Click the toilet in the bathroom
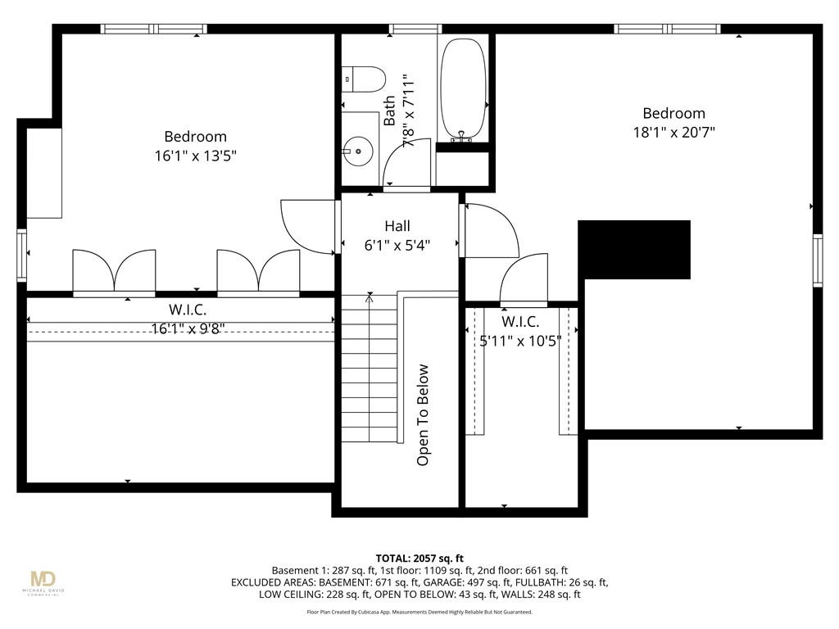365,80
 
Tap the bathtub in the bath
464,89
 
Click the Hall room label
397,226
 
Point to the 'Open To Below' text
423,415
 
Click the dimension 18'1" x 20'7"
673,132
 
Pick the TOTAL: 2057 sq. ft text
419,557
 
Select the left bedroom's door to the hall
307,227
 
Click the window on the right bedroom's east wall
817,260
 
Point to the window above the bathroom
415,29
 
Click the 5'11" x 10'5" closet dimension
519,340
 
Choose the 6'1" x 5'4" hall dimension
397,244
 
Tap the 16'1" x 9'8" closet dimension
188,329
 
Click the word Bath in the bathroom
389,111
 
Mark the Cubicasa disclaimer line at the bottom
419,612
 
